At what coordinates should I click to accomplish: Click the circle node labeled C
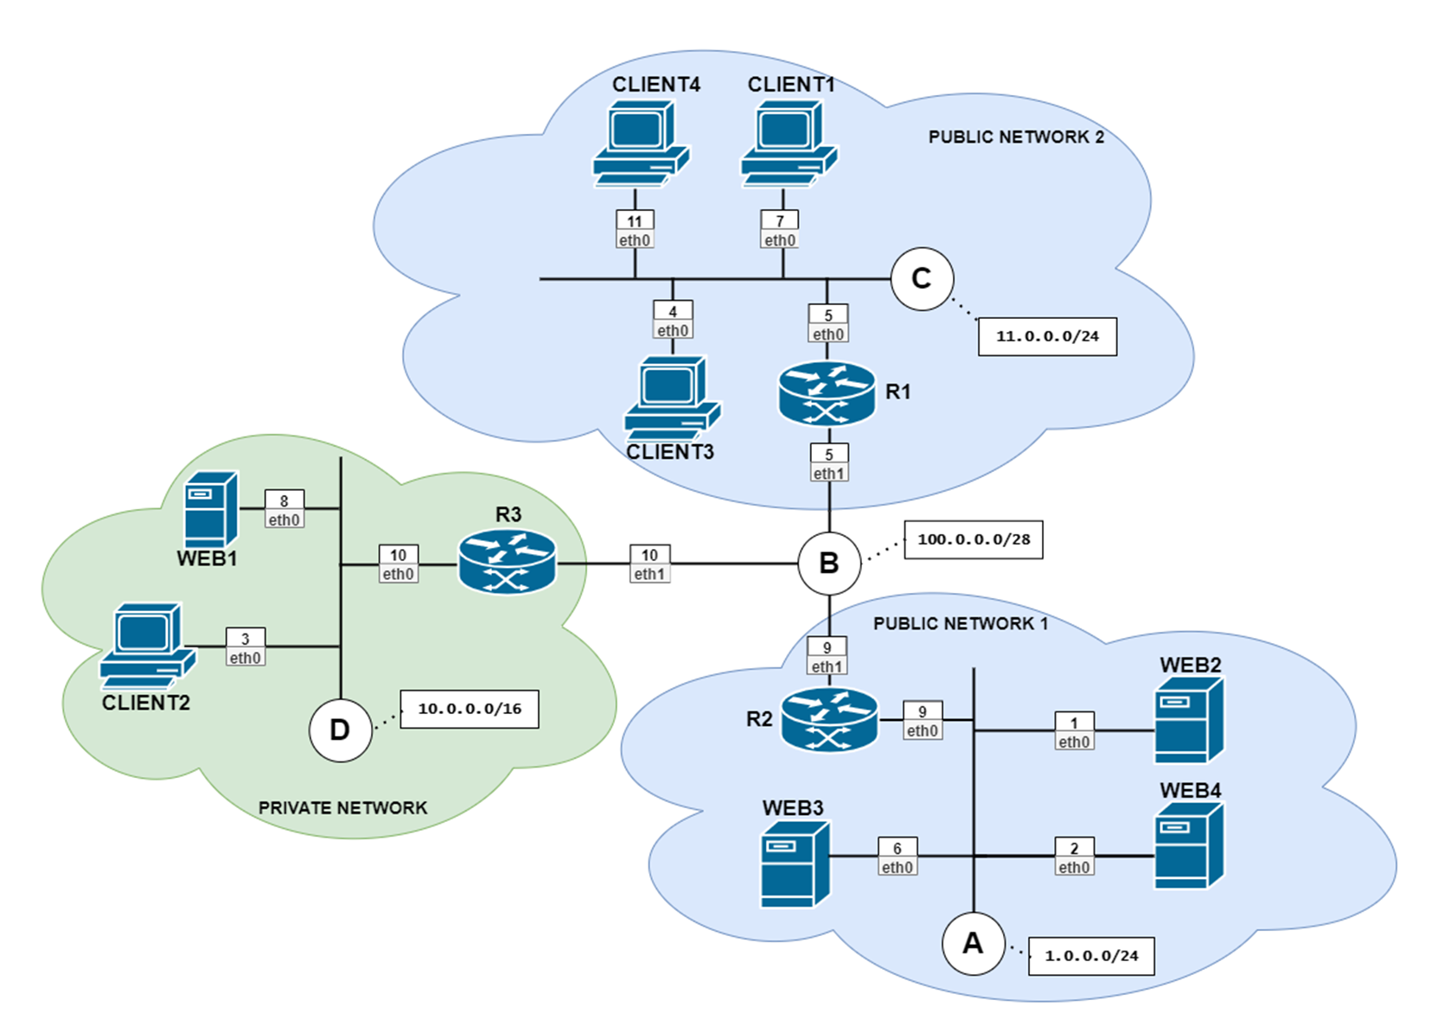(x=922, y=278)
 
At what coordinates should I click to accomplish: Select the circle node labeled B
(x=828, y=564)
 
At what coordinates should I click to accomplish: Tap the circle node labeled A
(x=973, y=943)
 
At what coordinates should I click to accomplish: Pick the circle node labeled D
(x=340, y=730)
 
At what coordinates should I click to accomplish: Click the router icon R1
(x=827, y=394)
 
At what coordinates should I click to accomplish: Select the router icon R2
(x=828, y=719)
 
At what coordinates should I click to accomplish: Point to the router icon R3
(x=508, y=561)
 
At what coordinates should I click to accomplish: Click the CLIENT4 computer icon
(x=641, y=143)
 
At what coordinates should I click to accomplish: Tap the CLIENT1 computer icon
(x=789, y=143)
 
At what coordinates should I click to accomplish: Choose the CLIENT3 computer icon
(x=672, y=398)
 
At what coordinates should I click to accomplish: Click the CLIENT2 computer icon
(x=147, y=645)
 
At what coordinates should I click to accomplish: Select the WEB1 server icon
(x=210, y=509)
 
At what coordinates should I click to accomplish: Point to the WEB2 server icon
(x=1189, y=719)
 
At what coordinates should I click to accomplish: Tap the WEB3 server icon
(x=795, y=864)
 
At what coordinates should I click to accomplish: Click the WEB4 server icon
(x=1189, y=845)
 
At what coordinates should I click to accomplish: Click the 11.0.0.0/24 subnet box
(x=1047, y=336)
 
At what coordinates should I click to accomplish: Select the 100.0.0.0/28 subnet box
(x=973, y=539)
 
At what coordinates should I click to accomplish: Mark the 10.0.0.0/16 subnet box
(x=470, y=709)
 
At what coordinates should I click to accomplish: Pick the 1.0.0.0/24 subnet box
(x=1090, y=956)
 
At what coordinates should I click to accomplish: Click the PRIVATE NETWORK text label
(x=342, y=807)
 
